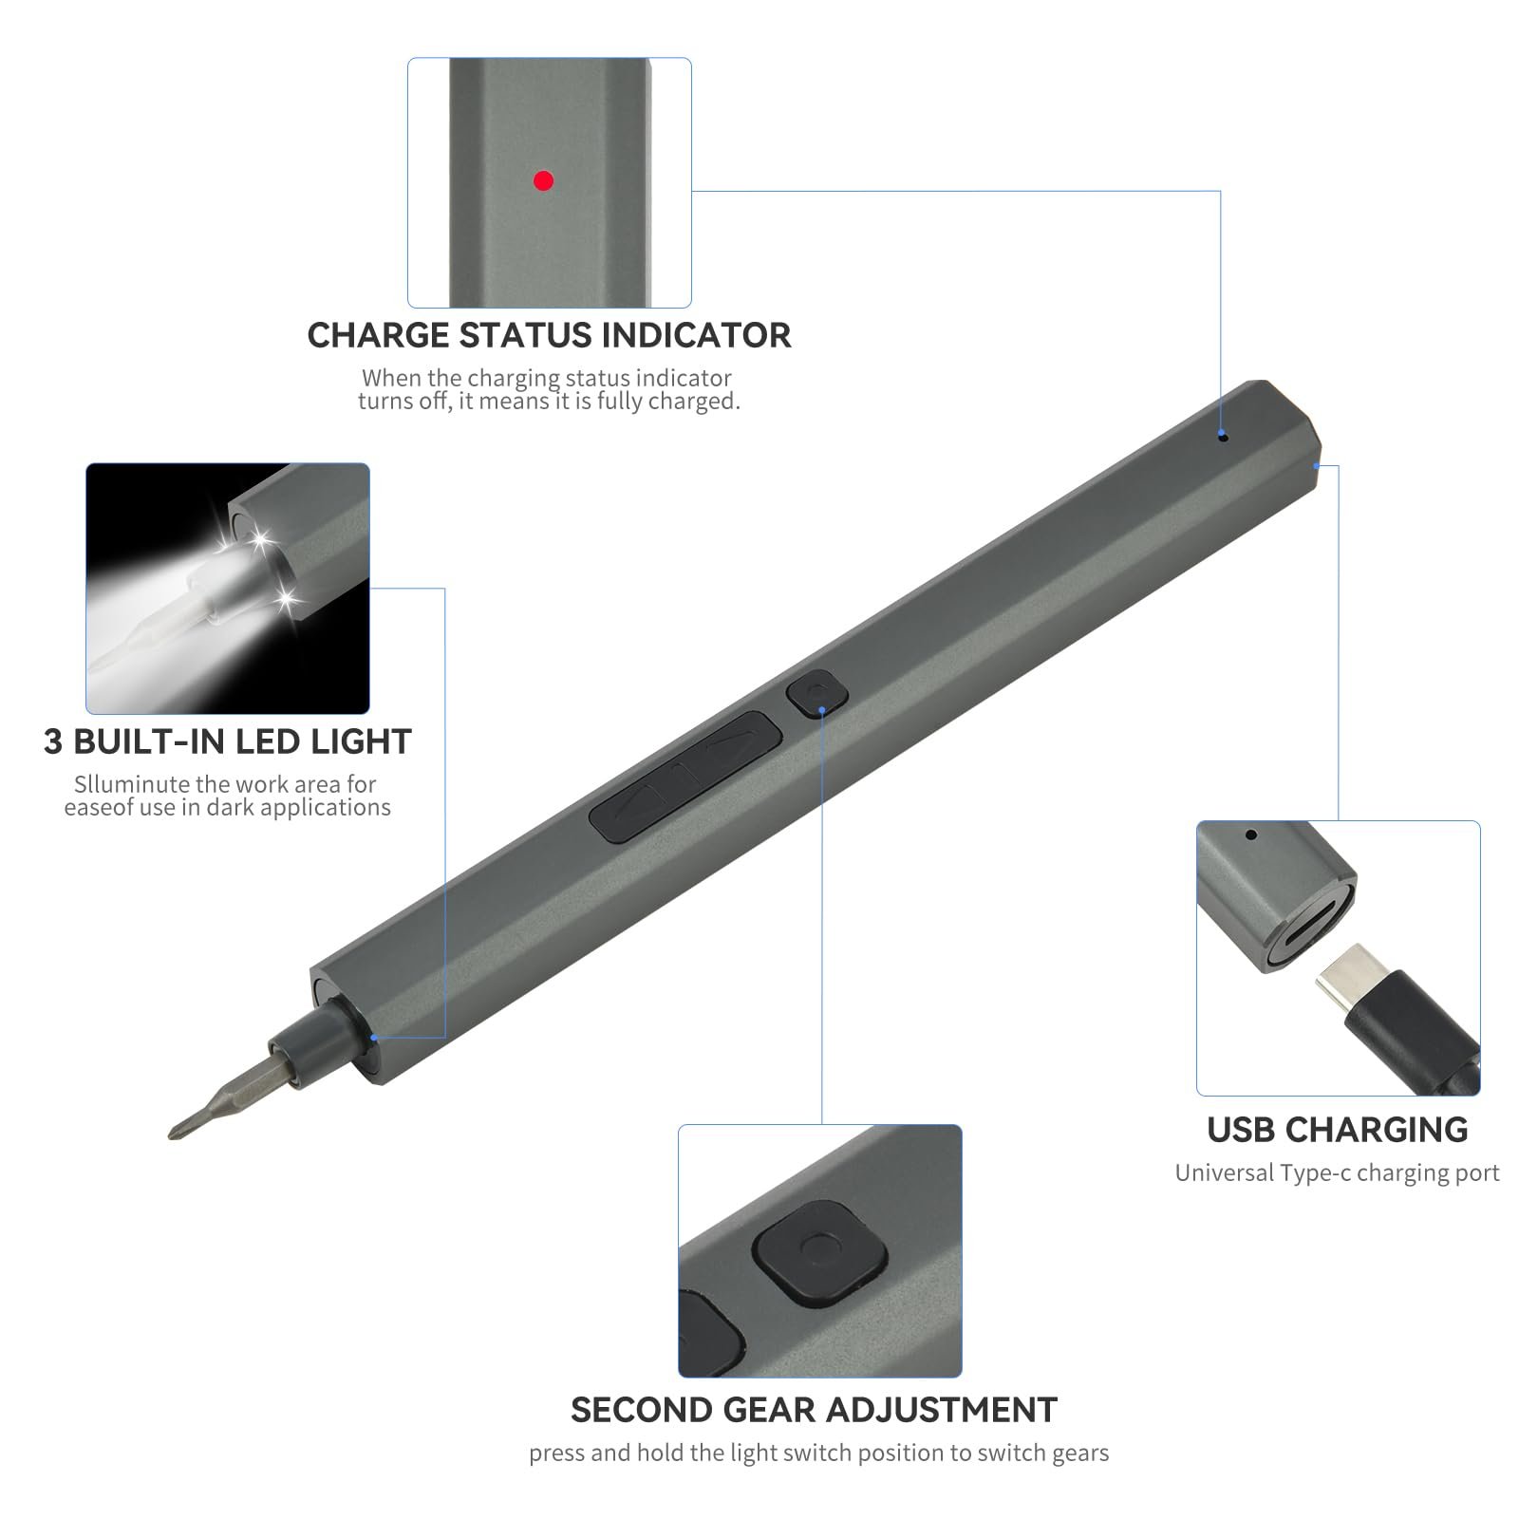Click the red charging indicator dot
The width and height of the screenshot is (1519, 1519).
543,180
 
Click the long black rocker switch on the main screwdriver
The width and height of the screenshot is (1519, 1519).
685,777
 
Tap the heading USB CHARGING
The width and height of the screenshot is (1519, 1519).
1338,1130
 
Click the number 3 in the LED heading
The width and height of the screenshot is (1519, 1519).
54,741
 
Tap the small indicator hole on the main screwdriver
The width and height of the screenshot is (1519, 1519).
1223,438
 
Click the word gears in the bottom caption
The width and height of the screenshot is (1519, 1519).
1078,1454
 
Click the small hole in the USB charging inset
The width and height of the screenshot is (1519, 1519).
1251,835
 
